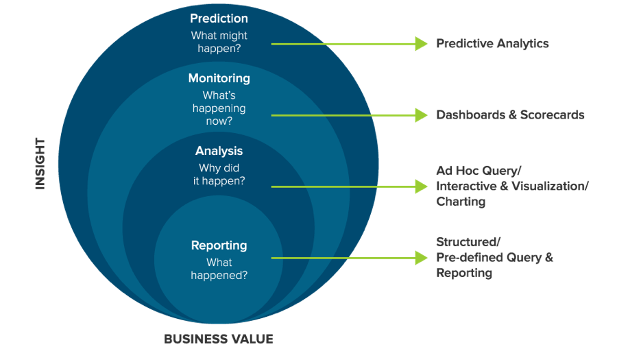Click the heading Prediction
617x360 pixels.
point(219,19)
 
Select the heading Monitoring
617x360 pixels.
point(219,78)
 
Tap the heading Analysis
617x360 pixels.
point(219,151)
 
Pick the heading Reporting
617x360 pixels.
point(219,245)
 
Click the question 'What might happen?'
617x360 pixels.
point(219,42)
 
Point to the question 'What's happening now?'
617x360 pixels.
point(219,108)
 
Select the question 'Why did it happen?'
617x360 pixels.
point(219,174)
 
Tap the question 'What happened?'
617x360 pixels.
point(219,269)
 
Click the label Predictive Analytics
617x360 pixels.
point(492,43)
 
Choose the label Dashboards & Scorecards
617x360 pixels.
point(510,115)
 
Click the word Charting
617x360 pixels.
point(461,202)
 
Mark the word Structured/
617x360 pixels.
point(468,241)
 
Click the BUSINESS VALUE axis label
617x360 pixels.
point(219,339)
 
